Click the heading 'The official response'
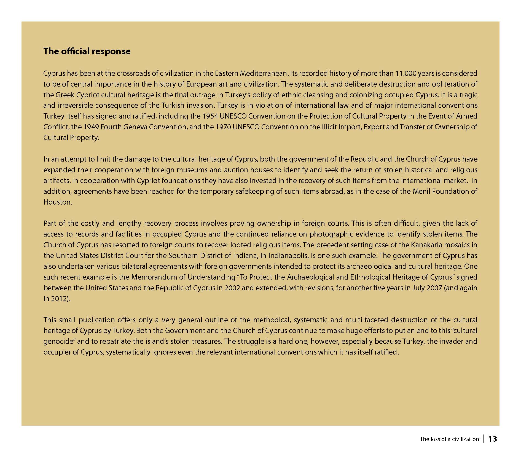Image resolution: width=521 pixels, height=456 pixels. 87,51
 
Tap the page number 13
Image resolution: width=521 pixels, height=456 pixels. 492,439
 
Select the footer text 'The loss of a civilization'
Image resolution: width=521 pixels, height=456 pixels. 449,439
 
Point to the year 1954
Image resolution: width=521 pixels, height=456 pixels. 210,116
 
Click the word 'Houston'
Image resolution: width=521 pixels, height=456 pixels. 57,202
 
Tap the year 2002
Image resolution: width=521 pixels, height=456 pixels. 232,288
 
